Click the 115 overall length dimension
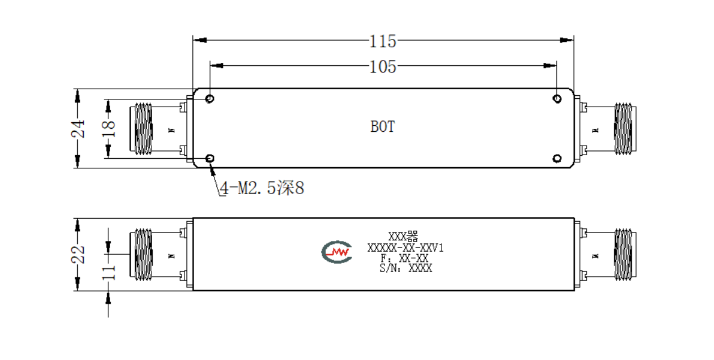pos(383,41)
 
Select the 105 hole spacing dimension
pos(383,67)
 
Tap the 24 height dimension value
pos(78,128)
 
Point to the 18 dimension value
pos(109,128)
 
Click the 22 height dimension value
pos(78,255)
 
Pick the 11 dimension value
pos(109,272)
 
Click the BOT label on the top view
pos(383,126)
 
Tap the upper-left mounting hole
pos(210,99)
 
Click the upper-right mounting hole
pos(557,99)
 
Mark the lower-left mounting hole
pos(210,158)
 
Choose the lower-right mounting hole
pos(557,158)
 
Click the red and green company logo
pos(337,252)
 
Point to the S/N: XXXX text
pos(406,268)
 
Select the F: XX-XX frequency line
pos(405,259)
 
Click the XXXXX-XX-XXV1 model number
pos(406,248)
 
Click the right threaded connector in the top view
pos(625,129)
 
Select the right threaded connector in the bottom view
pos(625,254)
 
